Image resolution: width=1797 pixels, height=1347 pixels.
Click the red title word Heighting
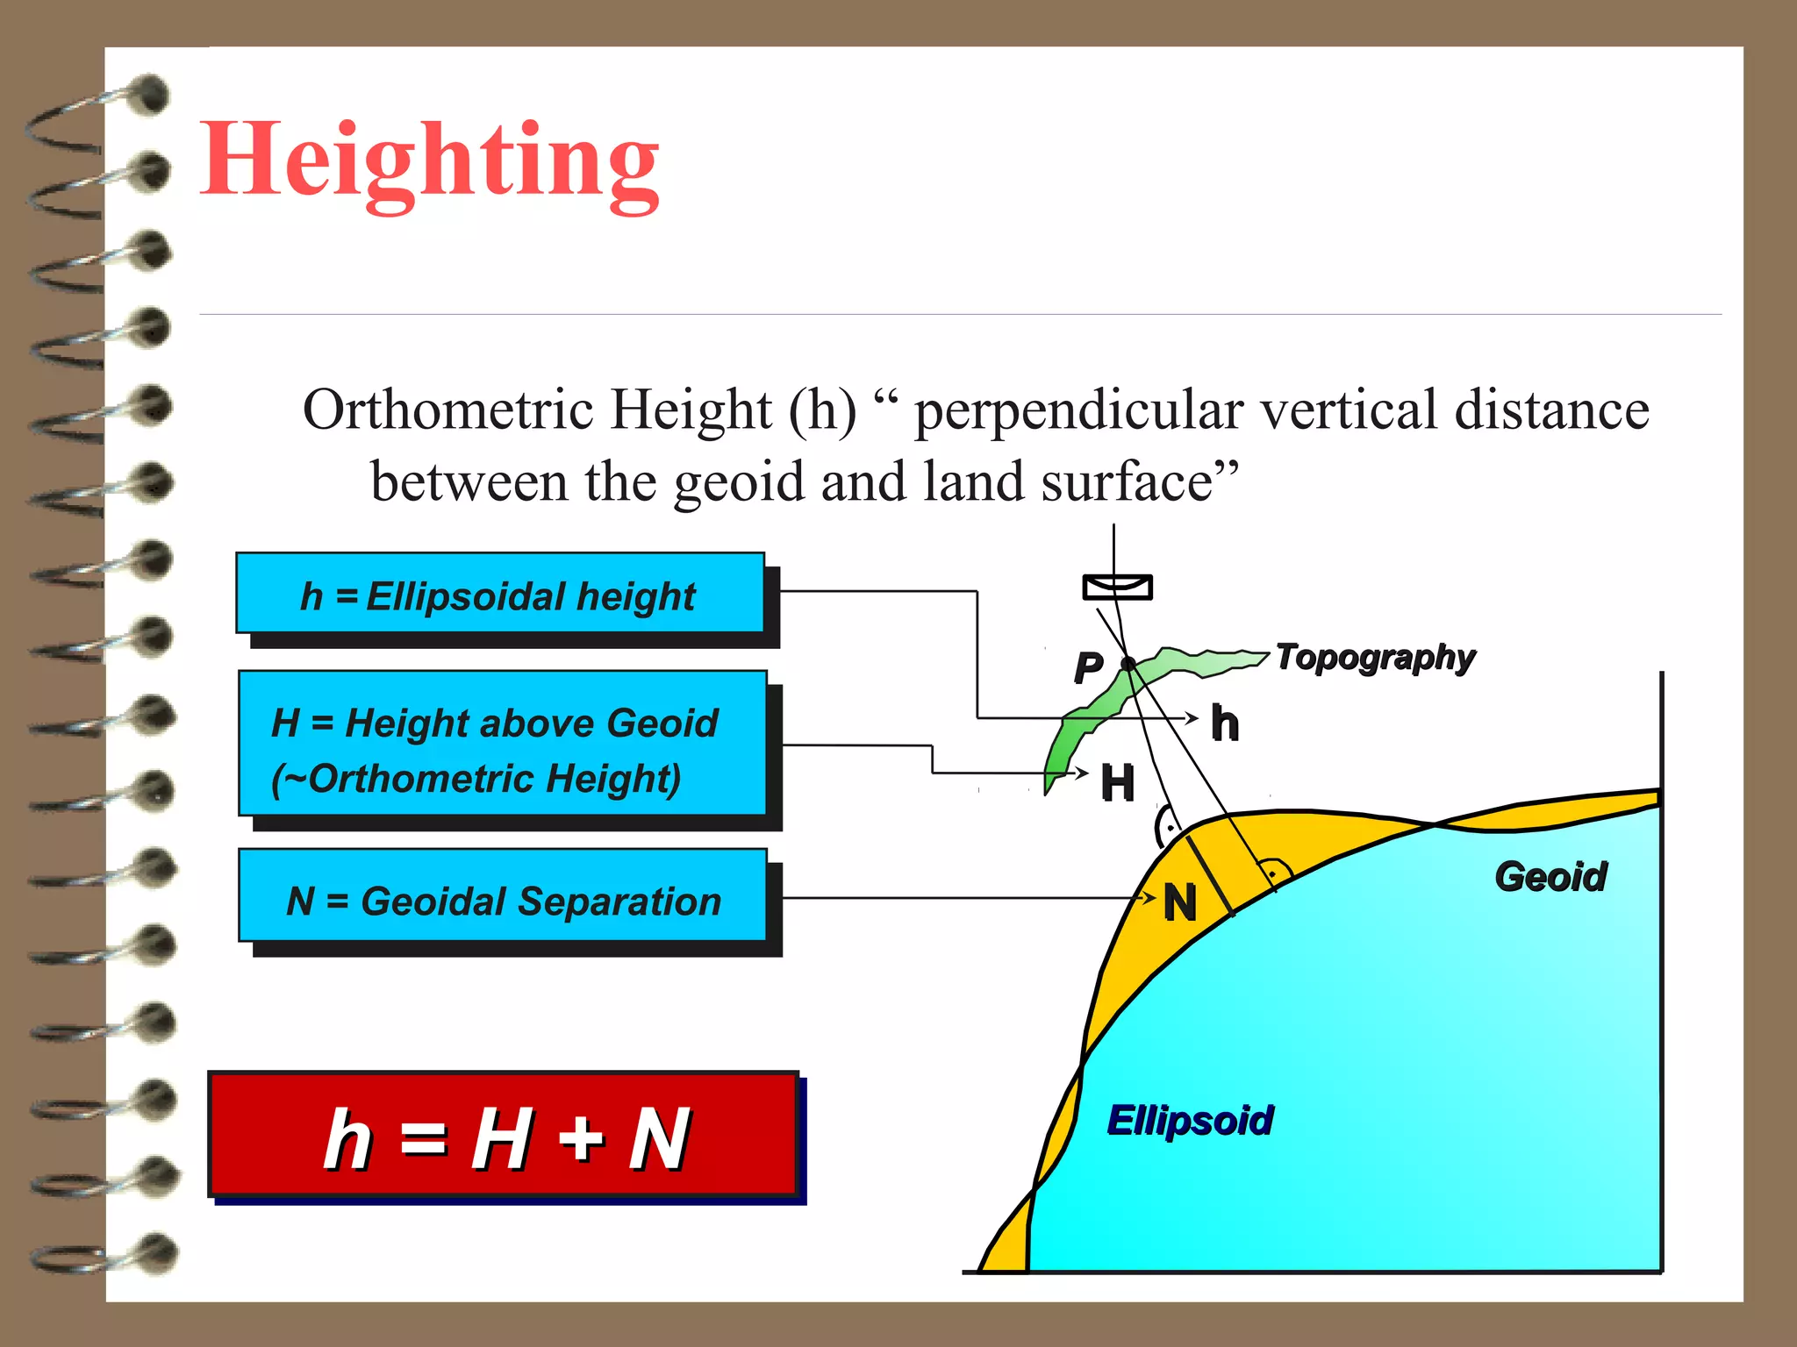(430, 162)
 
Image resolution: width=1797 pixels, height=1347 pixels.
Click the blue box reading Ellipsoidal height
(500, 594)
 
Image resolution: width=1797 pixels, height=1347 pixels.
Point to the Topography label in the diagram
(1374, 658)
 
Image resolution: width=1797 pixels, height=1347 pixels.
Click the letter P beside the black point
(1088, 668)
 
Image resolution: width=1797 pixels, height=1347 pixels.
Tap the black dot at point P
(1128, 664)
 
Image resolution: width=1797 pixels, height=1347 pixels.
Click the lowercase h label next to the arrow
(1225, 724)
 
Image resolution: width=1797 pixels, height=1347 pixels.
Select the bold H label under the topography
(1118, 782)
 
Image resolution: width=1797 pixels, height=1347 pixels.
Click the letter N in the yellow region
(1180, 902)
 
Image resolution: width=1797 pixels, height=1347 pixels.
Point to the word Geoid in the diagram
(1550, 877)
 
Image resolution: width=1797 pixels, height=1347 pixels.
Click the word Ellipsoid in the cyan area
(1190, 1121)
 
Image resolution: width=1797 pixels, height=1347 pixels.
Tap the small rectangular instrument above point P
(1117, 587)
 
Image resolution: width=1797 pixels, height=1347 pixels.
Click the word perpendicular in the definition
(1079, 410)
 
